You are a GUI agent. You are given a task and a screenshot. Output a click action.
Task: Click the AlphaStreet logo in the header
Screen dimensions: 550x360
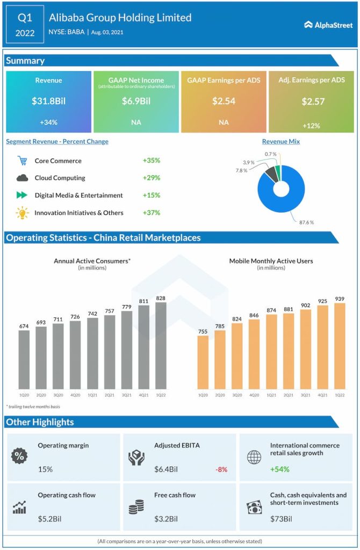[x=328, y=25]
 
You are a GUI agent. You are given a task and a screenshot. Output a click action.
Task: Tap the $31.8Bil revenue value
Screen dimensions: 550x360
[x=48, y=101]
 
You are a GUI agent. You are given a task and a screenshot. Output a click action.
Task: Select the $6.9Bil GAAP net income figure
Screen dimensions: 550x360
[x=136, y=101]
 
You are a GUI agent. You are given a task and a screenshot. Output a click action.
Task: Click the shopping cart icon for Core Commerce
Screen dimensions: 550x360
[x=22, y=161]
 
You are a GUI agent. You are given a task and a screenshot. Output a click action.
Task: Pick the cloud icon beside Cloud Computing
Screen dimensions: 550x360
[x=22, y=178]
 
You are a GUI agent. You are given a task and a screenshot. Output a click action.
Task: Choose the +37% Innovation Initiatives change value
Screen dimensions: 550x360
[x=152, y=213]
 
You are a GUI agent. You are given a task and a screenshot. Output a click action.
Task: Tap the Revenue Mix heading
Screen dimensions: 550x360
[x=281, y=142]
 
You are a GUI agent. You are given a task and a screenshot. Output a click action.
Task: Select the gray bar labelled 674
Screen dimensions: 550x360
[x=24, y=359]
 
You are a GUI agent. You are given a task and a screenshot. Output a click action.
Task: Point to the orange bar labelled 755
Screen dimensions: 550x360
[x=203, y=362]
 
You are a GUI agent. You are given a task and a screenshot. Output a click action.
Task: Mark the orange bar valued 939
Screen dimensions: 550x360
[x=340, y=345]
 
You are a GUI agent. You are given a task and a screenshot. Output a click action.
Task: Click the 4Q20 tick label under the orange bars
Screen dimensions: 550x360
[x=254, y=395]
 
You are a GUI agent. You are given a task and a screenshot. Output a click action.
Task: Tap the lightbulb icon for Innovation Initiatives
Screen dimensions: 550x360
[x=22, y=213]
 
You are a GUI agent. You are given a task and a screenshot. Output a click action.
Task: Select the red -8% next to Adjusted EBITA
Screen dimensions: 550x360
[x=221, y=469]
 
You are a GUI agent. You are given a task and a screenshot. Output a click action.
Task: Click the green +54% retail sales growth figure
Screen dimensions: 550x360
[x=279, y=469]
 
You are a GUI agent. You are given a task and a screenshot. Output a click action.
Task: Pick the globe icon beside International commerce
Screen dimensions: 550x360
[x=254, y=457]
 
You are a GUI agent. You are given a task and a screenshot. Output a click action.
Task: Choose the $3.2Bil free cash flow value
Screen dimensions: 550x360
[x=166, y=519]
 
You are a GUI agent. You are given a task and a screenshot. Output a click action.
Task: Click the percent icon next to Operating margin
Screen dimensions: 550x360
[x=19, y=457]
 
